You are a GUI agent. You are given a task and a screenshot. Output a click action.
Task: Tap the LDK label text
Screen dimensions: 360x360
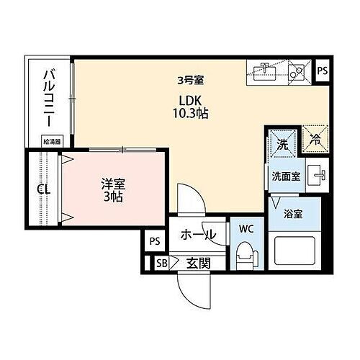tap(189, 100)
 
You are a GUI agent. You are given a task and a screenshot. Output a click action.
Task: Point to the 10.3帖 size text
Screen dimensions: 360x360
tap(189, 113)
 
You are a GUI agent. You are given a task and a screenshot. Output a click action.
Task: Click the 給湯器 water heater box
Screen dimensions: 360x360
tap(52, 142)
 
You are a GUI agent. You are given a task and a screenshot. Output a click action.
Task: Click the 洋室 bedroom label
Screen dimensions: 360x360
tap(112, 184)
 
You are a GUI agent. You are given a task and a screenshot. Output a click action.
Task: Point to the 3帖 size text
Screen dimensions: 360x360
tap(112, 197)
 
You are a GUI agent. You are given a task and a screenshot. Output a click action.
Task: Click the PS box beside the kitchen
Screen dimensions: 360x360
tap(323, 71)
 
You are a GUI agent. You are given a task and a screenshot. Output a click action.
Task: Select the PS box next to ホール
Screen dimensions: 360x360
tap(153, 241)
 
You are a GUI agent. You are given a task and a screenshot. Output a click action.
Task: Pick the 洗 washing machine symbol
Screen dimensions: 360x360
tap(284, 143)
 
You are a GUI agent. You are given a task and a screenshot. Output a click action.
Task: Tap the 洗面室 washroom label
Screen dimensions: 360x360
tap(286, 176)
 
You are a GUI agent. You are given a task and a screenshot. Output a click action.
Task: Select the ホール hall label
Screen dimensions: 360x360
tap(197, 235)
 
